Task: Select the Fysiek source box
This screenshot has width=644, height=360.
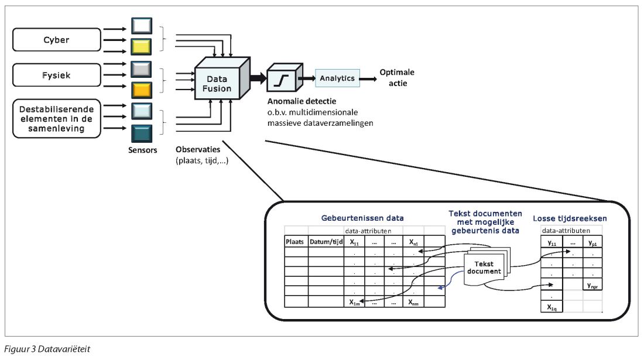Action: tap(57, 76)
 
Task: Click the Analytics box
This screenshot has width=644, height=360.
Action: tap(337, 78)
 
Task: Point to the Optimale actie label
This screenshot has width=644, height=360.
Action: tap(396, 78)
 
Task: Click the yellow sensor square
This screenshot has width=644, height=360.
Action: tap(142, 46)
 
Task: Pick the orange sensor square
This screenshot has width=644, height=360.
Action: tap(142, 89)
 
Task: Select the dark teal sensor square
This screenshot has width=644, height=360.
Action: tap(142, 132)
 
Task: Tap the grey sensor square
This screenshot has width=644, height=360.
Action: tap(142, 68)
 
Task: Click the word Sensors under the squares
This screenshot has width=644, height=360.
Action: tap(142, 150)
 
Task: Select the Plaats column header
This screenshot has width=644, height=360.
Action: tap(296, 242)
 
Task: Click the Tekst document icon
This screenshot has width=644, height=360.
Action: tap(484, 268)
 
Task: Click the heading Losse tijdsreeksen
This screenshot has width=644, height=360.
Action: tap(570, 218)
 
